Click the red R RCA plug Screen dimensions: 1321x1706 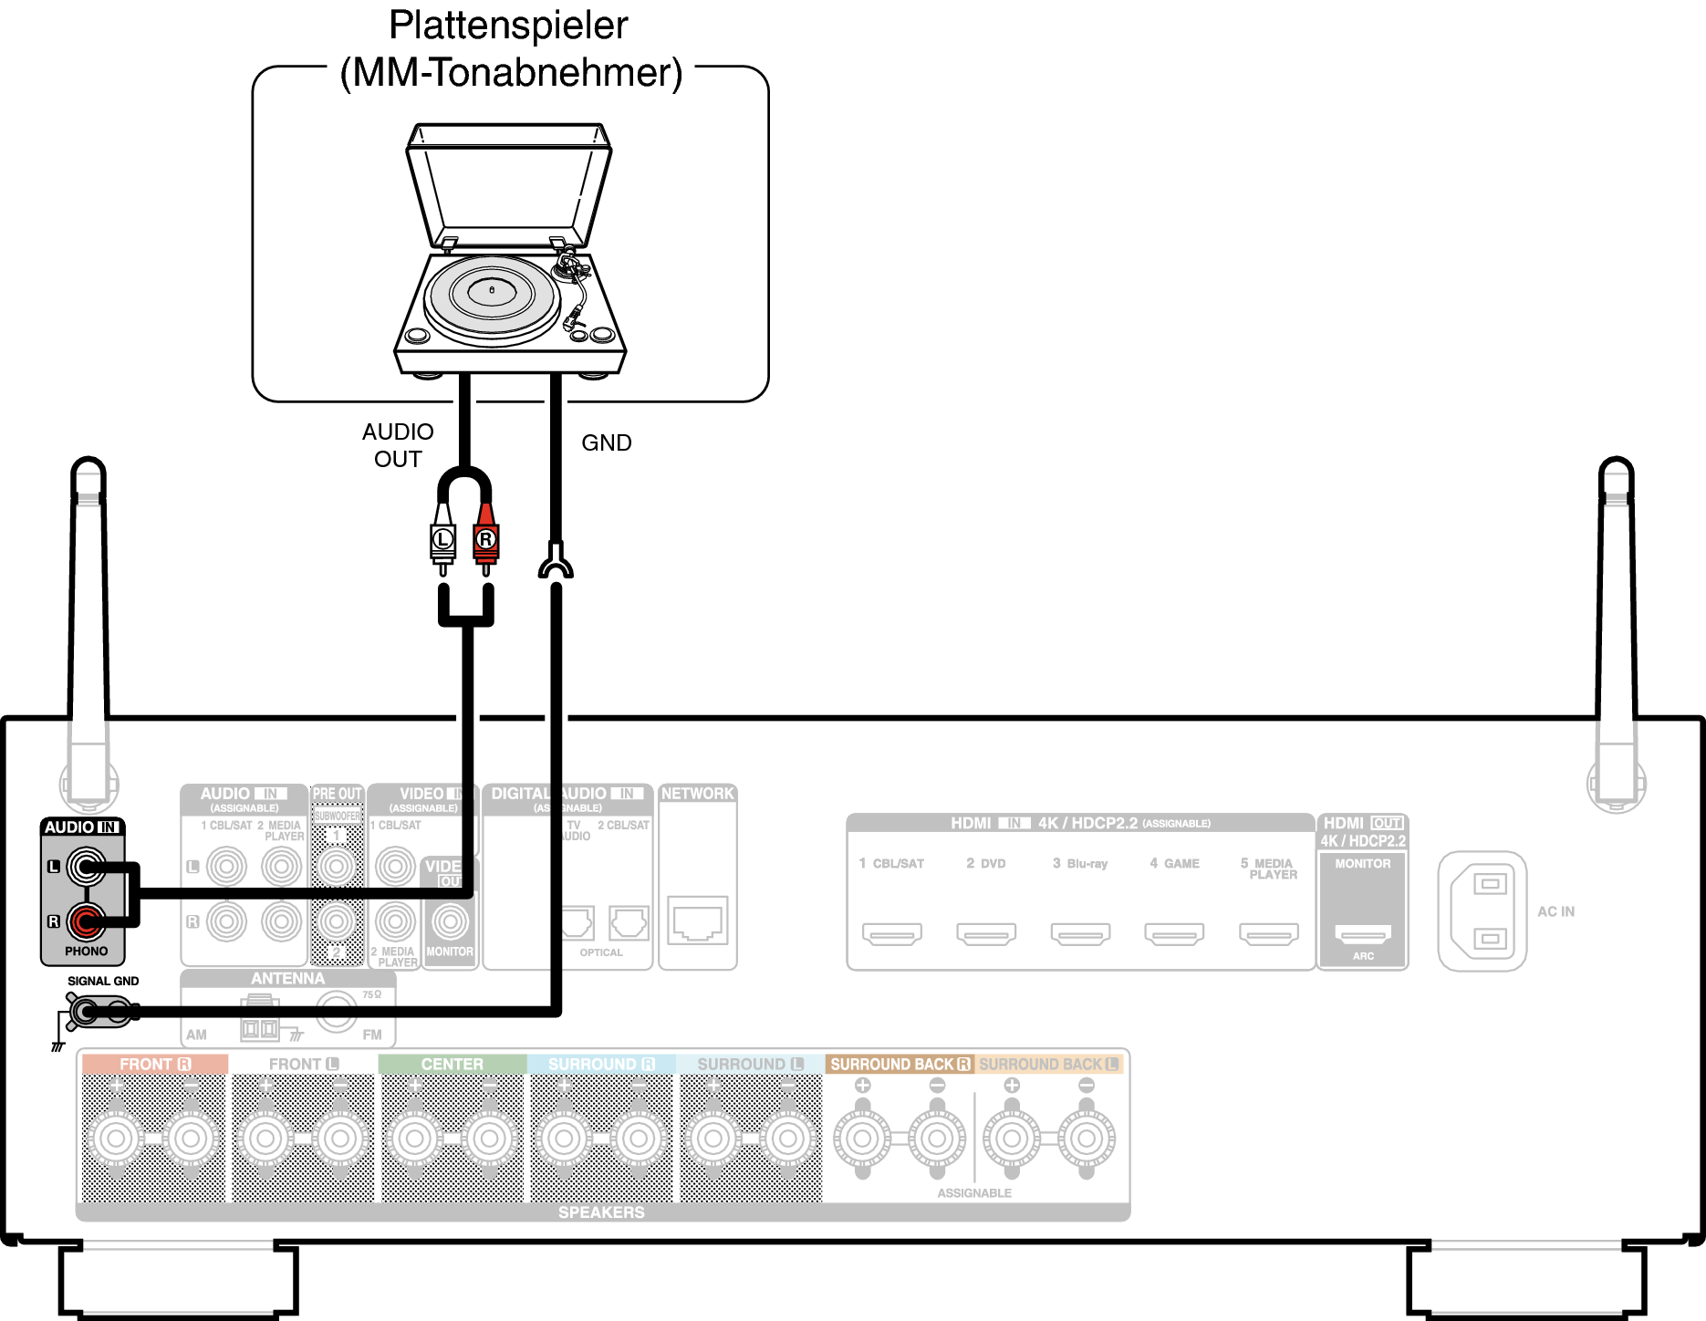pyautogui.click(x=485, y=539)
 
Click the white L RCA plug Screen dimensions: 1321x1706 pyautogui.click(x=442, y=539)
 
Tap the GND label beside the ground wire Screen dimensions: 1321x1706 pyautogui.click(x=606, y=443)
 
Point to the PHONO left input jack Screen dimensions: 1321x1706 pyautogui.click(x=87, y=867)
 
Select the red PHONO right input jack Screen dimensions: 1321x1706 pyautogui.click(x=87, y=921)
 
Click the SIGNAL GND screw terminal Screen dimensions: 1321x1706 pyautogui.click(x=87, y=1011)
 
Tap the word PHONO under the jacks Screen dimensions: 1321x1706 pyautogui.click(x=87, y=952)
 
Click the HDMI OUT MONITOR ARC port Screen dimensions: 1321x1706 pyautogui.click(x=1363, y=933)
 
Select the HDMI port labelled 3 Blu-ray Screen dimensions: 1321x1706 pyautogui.click(x=1080, y=933)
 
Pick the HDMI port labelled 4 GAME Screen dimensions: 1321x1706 pyautogui.click(x=1174, y=933)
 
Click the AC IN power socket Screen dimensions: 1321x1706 pyautogui.click(x=1482, y=911)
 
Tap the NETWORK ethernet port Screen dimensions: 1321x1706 pyautogui.click(x=698, y=921)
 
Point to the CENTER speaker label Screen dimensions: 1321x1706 pyautogui.click(x=453, y=1065)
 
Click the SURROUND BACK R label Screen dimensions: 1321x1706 pyautogui.click(x=900, y=1065)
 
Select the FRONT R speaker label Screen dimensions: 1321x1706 pyautogui.click(x=154, y=1065)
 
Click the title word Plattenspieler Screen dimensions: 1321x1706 pyautogui.click(x=508, y=26)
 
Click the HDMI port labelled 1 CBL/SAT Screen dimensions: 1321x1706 pyautogui.click(x=892, y=933)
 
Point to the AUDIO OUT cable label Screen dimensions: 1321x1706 pyautogui.click(x=398, y=445)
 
